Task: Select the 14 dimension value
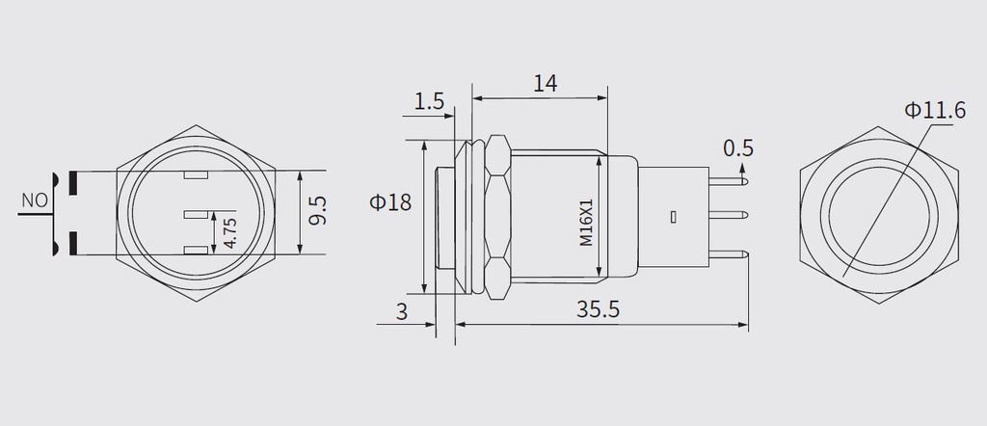click(545, 83)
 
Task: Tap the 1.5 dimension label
click(430, 100)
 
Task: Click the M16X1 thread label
click(586, 222)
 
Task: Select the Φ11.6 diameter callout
click(934, 111)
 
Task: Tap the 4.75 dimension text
click(229, 231)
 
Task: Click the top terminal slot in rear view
click(196, 176)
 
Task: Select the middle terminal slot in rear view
click(194, 214)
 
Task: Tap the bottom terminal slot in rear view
click(196, 252)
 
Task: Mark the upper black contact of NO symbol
click(73, 179)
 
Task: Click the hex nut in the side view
click(497, 217)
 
